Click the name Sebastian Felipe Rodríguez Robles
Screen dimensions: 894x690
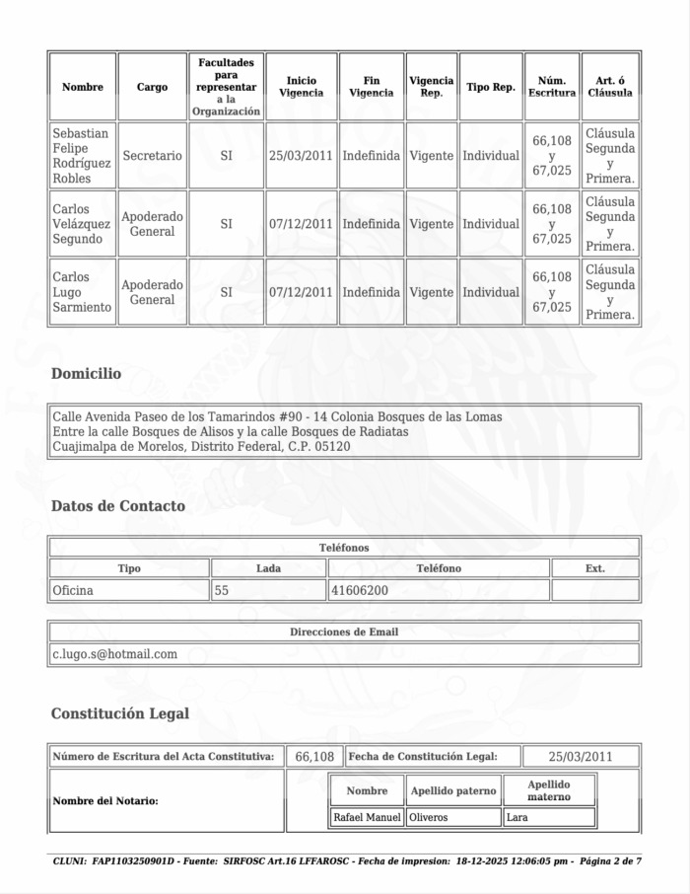[82, 156]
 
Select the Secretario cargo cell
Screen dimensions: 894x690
[152, 156]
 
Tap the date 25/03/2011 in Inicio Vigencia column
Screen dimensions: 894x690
[301, 156]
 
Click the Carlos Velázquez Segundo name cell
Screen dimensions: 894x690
[82, 224]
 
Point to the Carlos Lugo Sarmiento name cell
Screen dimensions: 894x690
[82, 292]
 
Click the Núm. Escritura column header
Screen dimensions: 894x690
[551, 87]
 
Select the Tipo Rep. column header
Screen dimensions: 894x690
[490, 87]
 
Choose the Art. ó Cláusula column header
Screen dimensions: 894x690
[610, 87]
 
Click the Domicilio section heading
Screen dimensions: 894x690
[86, 374]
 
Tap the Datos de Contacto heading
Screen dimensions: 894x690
[117, 506]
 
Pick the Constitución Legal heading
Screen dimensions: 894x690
[119, 713]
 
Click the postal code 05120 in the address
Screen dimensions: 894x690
[332, 447]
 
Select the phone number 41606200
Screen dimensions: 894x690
[359, 591]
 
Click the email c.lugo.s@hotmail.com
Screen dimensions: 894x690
[114, 654]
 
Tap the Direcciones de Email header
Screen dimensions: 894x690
[344, 632]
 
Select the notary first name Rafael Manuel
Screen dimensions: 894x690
[368, 817]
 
